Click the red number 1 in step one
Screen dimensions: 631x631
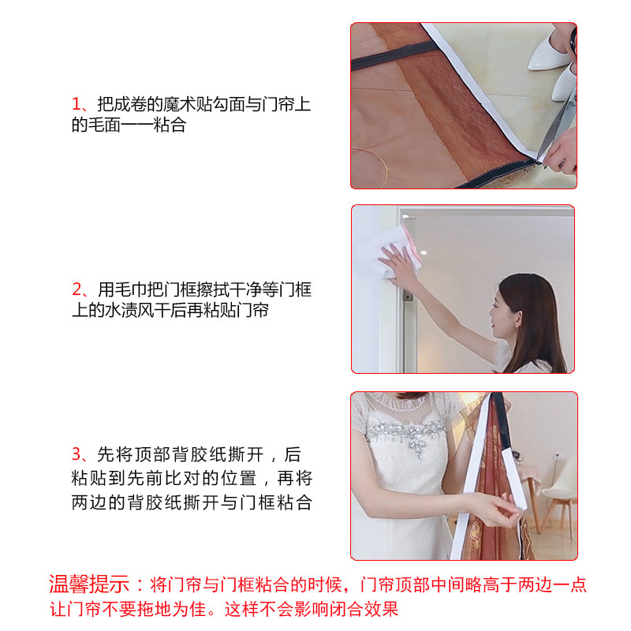[x=77, y=105]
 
